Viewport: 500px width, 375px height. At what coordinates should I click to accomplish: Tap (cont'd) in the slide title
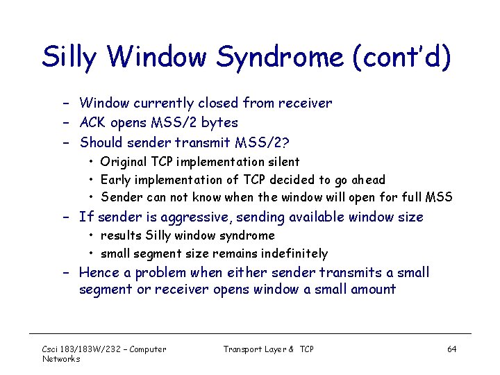[x=402, y=57]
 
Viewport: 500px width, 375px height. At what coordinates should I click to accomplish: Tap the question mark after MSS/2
[x=286, y=142]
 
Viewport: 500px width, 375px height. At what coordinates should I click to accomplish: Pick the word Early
[x=117, y=179]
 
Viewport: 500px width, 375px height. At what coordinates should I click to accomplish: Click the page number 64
[x=451, y=349]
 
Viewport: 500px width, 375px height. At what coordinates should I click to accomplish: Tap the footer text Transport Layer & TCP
[x=268, y=349]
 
